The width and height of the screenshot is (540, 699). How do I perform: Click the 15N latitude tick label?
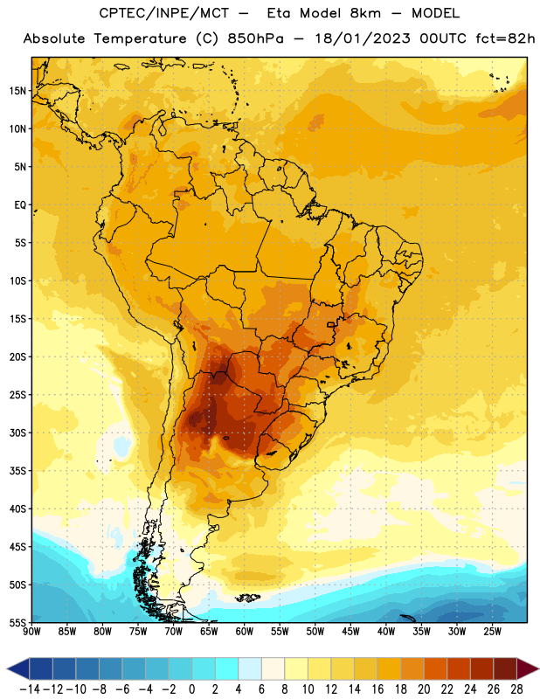point(17,91)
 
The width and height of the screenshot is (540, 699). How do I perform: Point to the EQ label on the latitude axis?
point(20,205)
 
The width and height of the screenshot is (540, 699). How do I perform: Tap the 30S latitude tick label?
point(17,433)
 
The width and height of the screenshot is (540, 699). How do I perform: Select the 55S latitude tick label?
point(17,622)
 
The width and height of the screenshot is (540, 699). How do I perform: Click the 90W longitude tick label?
point(31,632)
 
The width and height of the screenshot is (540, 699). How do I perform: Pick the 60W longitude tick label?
point(245,632)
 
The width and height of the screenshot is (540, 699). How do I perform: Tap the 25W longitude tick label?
point(492,632)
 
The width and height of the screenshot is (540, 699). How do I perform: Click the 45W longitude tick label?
point(350,632)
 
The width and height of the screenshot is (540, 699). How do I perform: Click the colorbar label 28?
point(516,689)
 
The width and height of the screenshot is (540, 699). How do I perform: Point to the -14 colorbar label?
point(30,689)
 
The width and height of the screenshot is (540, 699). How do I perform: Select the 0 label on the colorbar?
point(191,689)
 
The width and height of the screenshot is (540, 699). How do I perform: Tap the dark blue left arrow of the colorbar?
point(17,668)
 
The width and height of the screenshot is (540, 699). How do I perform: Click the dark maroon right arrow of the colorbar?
point(528,668)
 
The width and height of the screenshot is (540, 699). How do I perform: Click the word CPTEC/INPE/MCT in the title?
point(164,13)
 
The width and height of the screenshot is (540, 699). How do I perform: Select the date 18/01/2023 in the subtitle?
point(363,38)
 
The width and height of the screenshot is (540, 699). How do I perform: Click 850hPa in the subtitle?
point(255,38)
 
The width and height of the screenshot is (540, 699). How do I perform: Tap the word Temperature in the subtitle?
point(140,38)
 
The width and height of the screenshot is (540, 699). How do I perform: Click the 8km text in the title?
point(365,13)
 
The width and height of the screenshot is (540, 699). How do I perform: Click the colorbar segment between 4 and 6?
point(250,668)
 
